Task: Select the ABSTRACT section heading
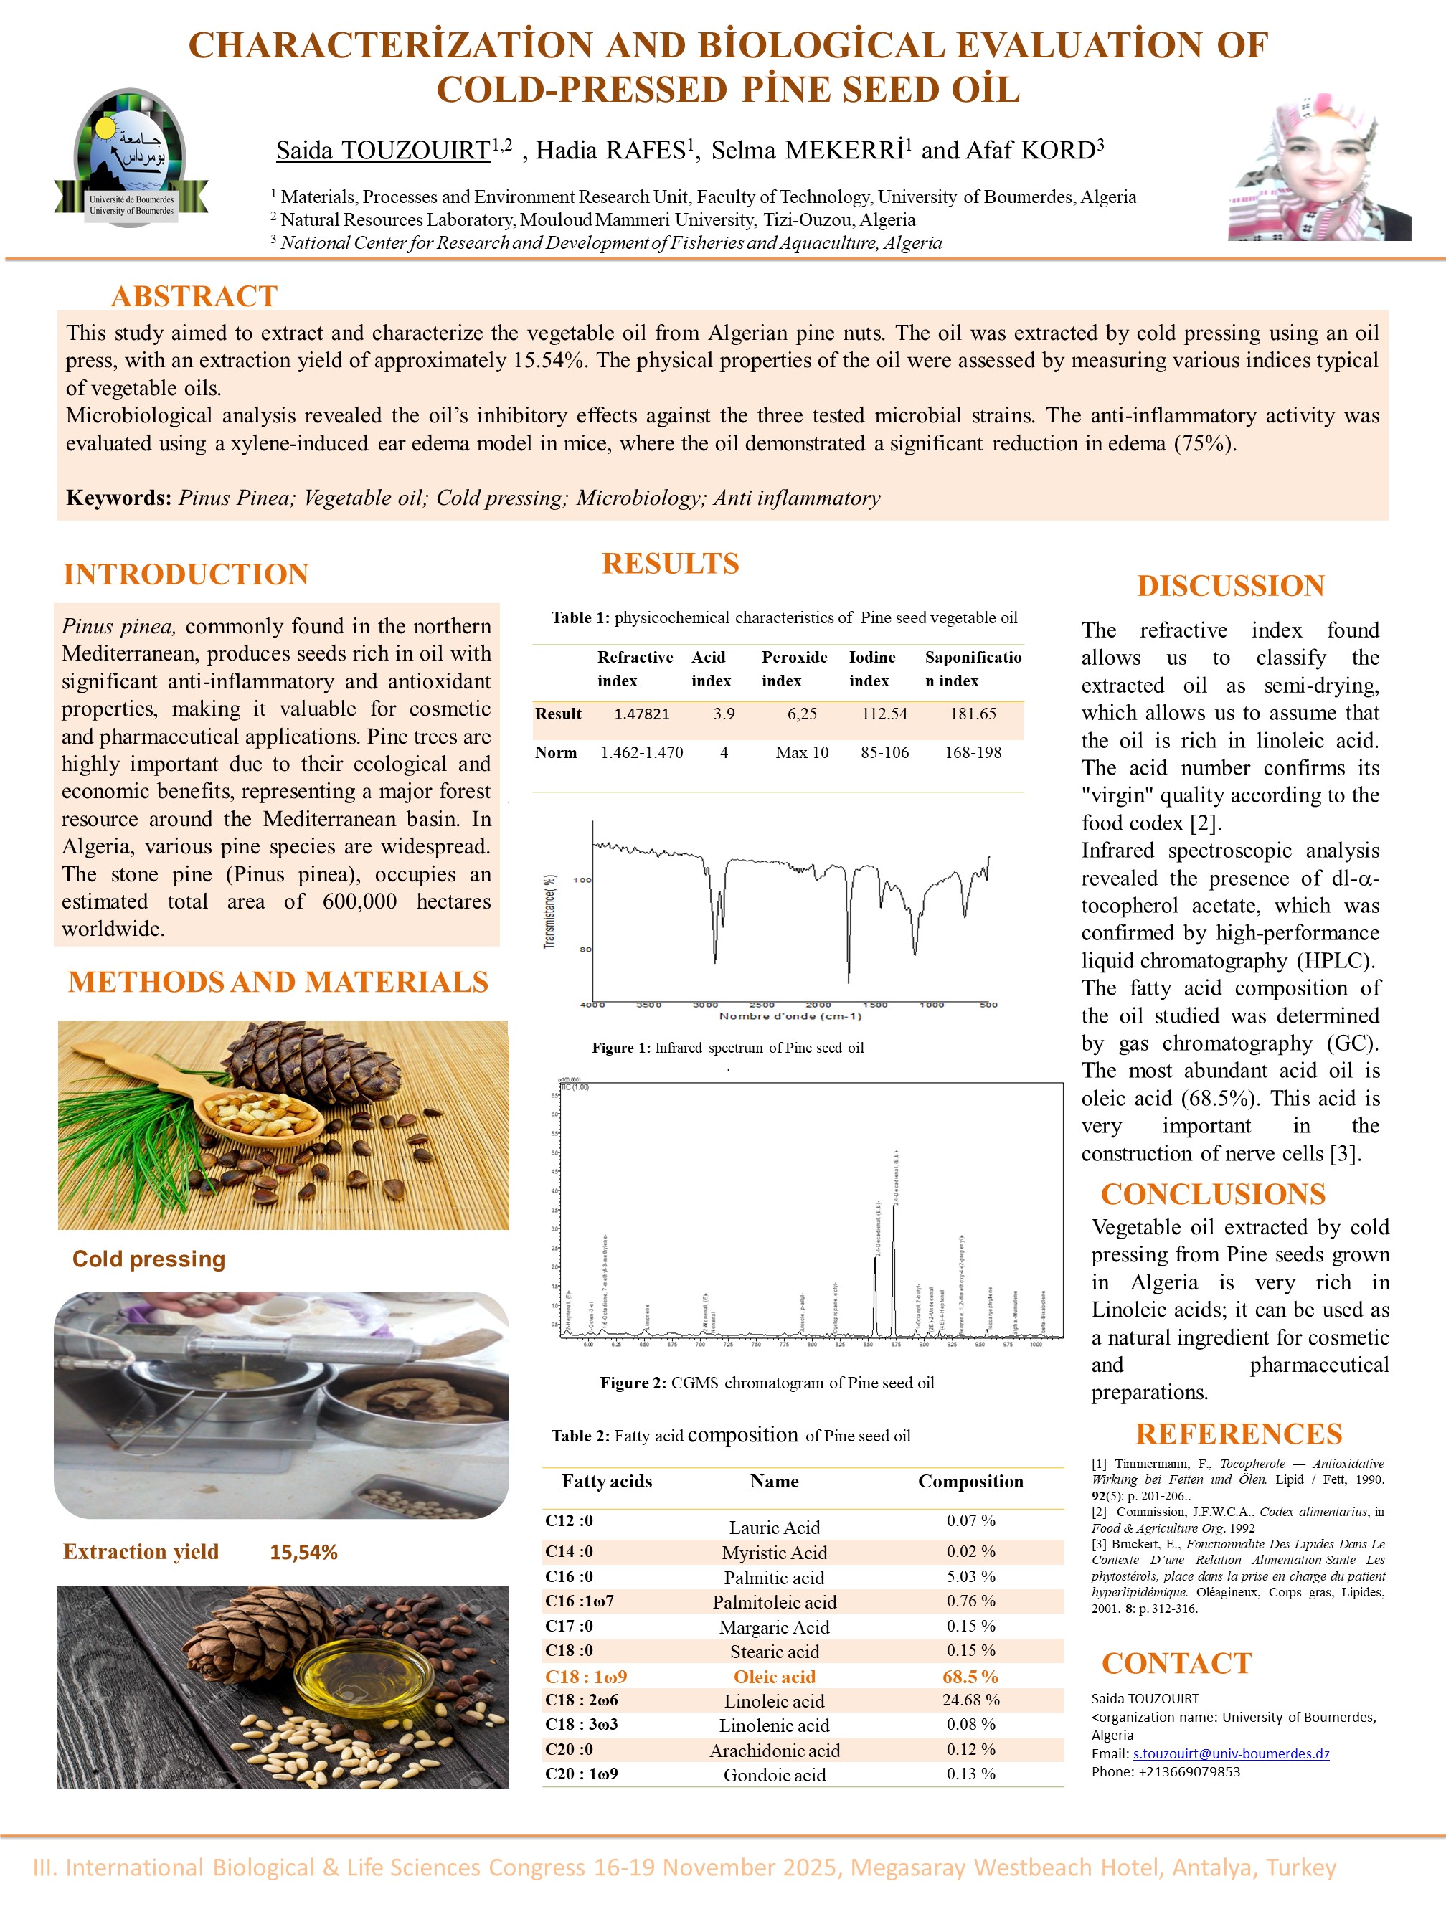tap(194, 296)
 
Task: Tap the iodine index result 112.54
tap(884, 714)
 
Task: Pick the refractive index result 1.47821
tap(641, 714)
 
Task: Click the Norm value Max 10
tap(801, 753)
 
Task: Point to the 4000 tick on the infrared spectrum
tap(592, 1005)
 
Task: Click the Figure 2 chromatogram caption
tap(767, 1383)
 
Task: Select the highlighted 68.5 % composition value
tap(970, 1677)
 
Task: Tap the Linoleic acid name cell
tap(773, 1700)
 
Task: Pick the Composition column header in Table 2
tap(970, 1481)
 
